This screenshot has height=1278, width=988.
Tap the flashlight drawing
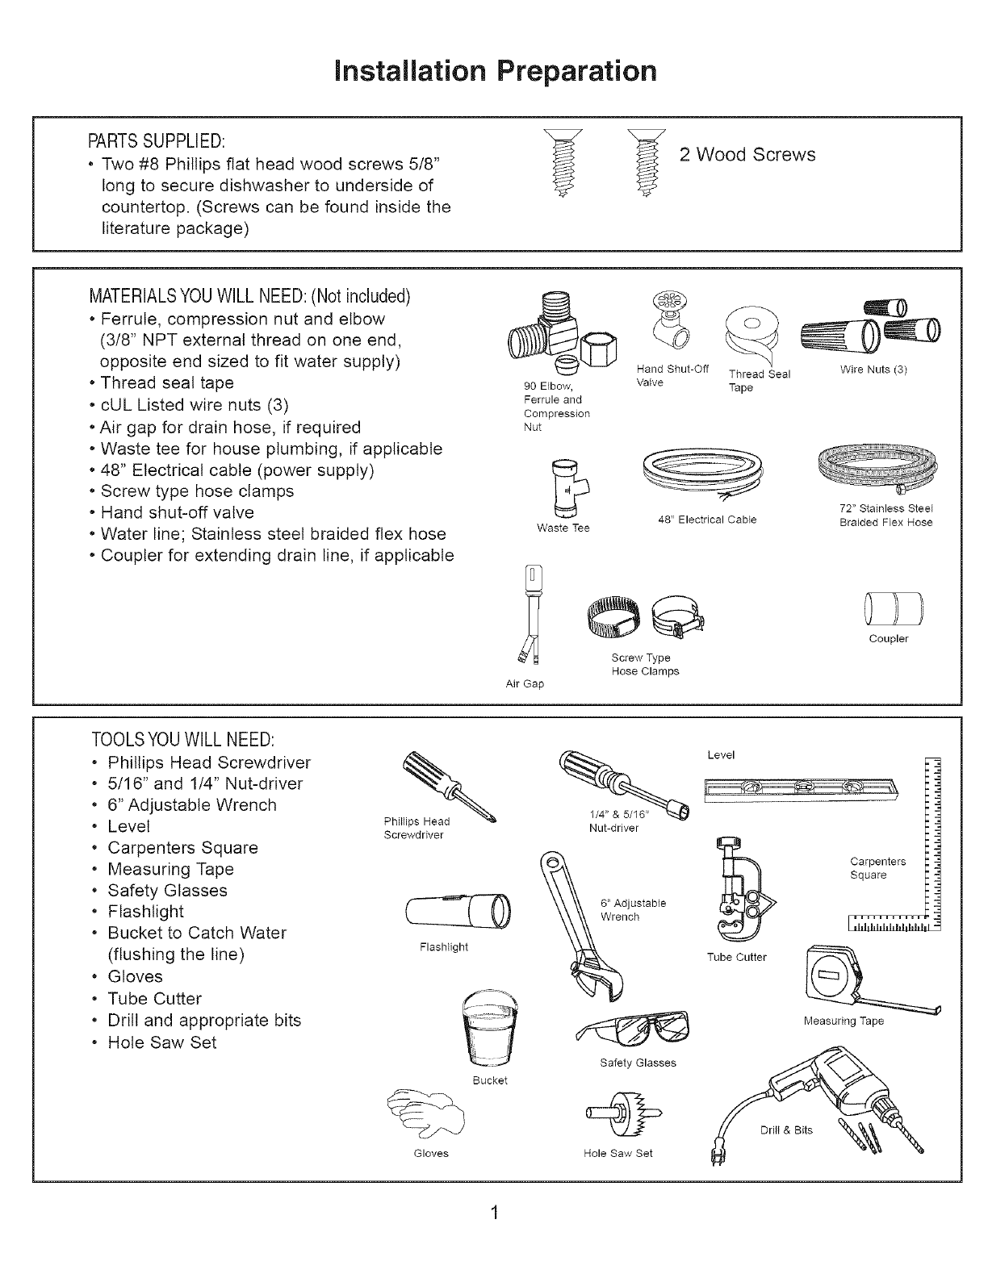coord(459,912)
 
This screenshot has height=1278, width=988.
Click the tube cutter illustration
coord(738,887)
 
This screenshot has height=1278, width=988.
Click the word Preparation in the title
coord(576,71)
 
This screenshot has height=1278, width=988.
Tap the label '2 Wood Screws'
coord(747,154)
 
